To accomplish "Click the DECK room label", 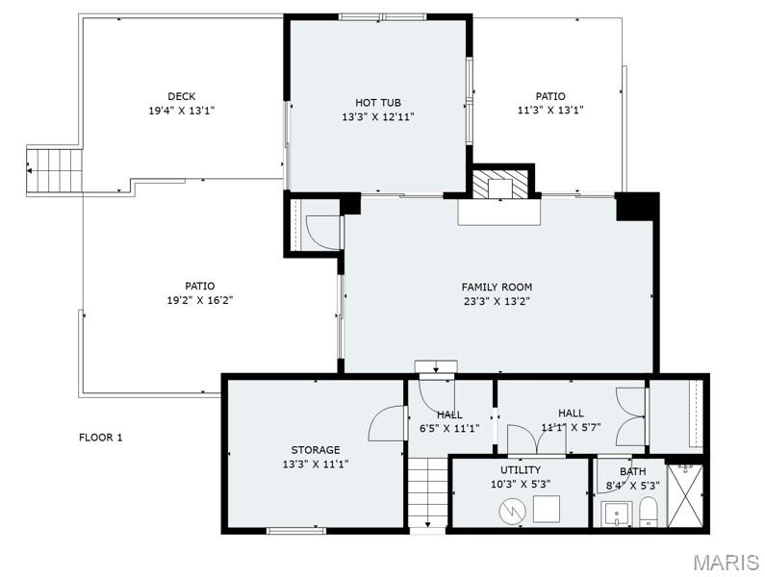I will point(181,96).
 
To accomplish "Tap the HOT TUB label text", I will point(377,103).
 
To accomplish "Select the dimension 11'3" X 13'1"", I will point(550,110).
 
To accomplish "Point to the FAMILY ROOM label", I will point(497,287).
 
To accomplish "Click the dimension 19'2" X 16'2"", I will point(200,300).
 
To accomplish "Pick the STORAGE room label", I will point(316,450).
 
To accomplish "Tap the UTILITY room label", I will point(521,470).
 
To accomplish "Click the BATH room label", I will point(632,471).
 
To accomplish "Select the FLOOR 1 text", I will point(101,438).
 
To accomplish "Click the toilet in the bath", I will point(649,512).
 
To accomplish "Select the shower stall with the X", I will point(684,495).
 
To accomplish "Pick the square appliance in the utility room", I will point(548,509).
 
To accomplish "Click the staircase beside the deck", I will point(54,171).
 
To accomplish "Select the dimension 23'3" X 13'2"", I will point(497,300).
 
